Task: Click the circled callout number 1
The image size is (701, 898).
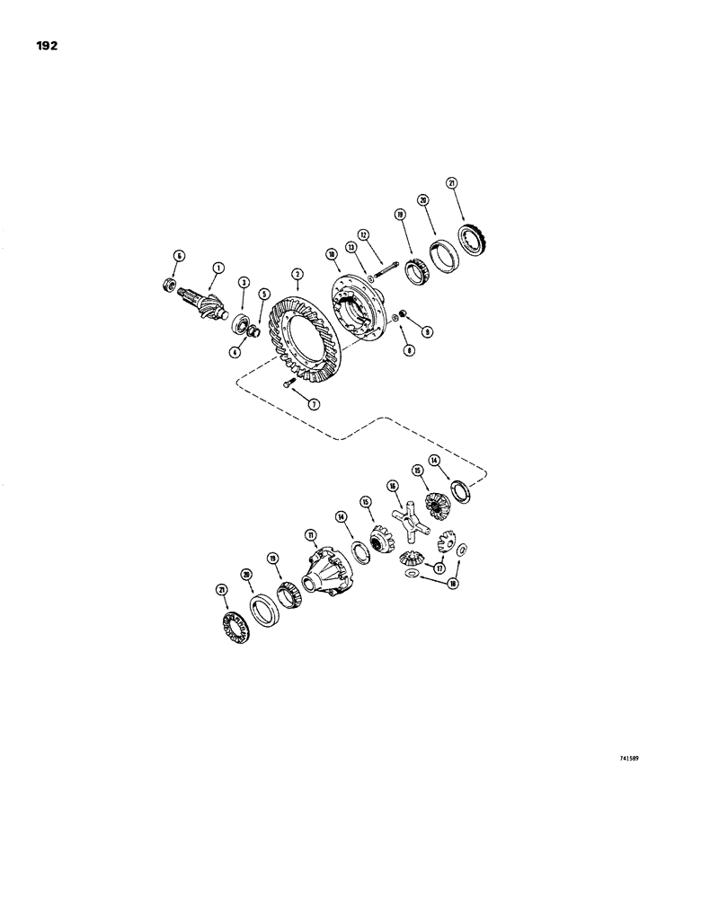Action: point(217,267)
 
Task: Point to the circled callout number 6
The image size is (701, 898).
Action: point(178,256)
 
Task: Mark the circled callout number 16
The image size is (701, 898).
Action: point(392,485)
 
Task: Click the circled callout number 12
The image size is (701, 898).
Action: point(363,234)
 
